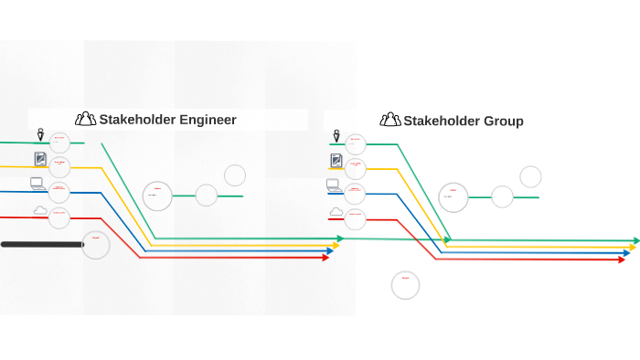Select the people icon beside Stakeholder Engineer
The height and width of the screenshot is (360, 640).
click(x=86, y=119)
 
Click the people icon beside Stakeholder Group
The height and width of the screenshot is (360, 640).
click(x=390, y=120)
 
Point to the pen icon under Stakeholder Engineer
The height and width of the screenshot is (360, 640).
click(x=40, y=136)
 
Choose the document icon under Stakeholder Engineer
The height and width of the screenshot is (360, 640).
click(x=40, y=159)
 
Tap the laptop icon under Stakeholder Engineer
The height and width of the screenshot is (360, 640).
click(x=38, y=184)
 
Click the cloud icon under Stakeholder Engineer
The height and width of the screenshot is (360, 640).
click(x=40, y=211)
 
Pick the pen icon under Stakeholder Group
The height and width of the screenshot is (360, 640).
click(x=336, y=137)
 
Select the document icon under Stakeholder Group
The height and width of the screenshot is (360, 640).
click(x=336, y=161)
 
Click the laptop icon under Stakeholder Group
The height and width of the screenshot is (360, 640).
click(x=335, y=185)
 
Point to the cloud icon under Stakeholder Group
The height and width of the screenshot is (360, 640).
click(x=336, y=212)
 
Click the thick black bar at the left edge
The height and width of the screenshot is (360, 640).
click(x=41, y=244)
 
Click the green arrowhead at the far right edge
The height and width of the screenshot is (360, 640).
click(x=635, y=241)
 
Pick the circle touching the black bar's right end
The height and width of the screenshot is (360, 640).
click(x=96, y=245)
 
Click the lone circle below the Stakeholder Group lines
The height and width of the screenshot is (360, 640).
click(x=405, y=285)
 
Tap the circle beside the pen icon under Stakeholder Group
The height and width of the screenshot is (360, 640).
click(x=356, y=143)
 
